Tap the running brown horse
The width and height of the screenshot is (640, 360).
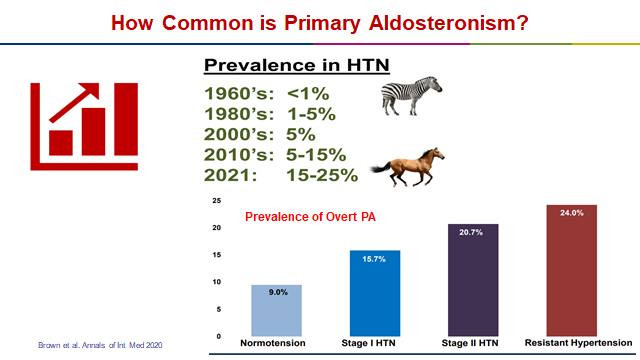click(x=409, y=166)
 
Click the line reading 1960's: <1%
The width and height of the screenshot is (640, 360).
click(x=268, y=93)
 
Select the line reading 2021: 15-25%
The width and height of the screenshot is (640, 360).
click(x=280, y=175)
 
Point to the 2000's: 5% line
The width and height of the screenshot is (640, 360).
click(x=259, y=134)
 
